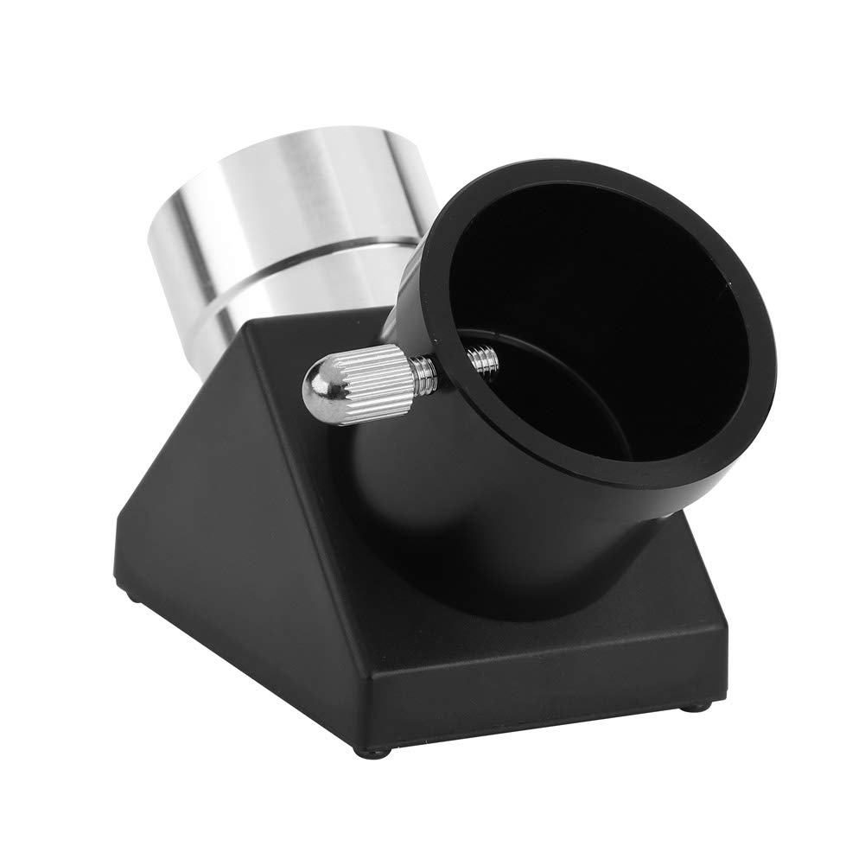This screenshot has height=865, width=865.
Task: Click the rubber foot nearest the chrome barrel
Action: click(131, 595)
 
